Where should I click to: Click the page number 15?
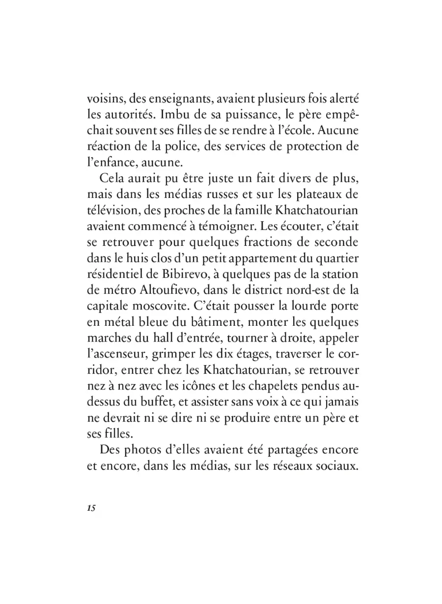click(90, 508)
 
